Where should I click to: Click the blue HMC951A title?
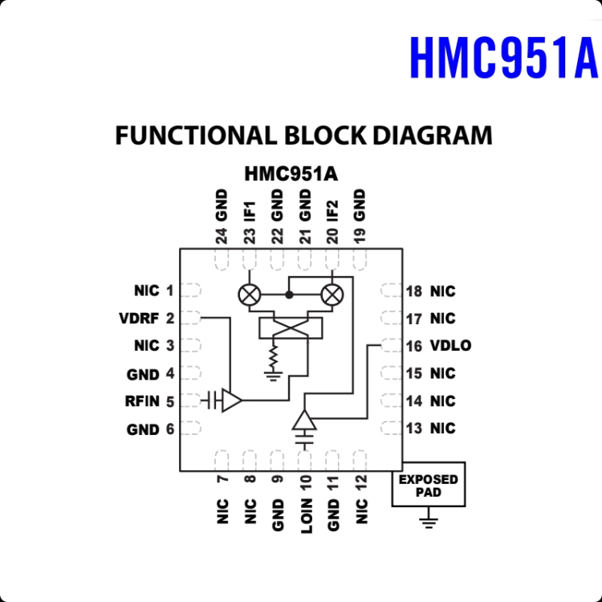(504, 58)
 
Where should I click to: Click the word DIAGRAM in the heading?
(433, 135)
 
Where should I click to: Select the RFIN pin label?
(142, 401)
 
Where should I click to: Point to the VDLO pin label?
(451, 345)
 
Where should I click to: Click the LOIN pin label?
(307, 516)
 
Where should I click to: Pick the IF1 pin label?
(250, 212)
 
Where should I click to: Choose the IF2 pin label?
(332, 211)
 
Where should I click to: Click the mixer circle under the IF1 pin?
(250, 295)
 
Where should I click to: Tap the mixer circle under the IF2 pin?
(332, 295)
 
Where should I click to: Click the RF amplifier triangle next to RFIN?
(232, 401)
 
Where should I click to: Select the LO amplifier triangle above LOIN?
(304, 420)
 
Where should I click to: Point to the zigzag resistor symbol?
(273, 357)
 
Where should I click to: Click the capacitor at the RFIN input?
(212, 401)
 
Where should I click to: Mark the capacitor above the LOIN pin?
(304, 439)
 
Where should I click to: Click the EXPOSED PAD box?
(429, 485)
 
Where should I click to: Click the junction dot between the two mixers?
(290, 295)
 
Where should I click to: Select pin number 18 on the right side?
(414, 291)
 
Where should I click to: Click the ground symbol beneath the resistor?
(273, 376)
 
